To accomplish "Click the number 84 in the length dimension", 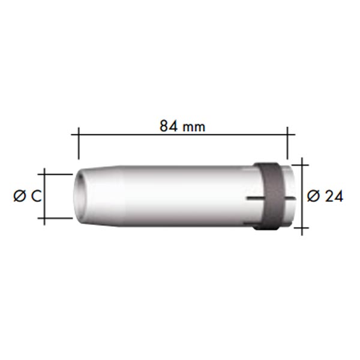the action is (x=169, y=126).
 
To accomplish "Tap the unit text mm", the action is (x=194, y=127).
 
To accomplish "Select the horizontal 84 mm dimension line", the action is (x=183, y=135).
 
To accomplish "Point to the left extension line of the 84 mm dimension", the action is (x=79, y=143).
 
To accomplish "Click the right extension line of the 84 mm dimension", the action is (x=287, y=143).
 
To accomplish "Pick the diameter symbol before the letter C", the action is (x=20, y=197).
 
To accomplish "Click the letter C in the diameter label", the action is (x=36, y=197).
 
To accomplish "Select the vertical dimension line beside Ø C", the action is (x=44, y=196).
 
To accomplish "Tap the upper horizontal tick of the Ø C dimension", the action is (x=55, y=175).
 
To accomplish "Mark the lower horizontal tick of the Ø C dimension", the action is (x=55, y=218).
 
